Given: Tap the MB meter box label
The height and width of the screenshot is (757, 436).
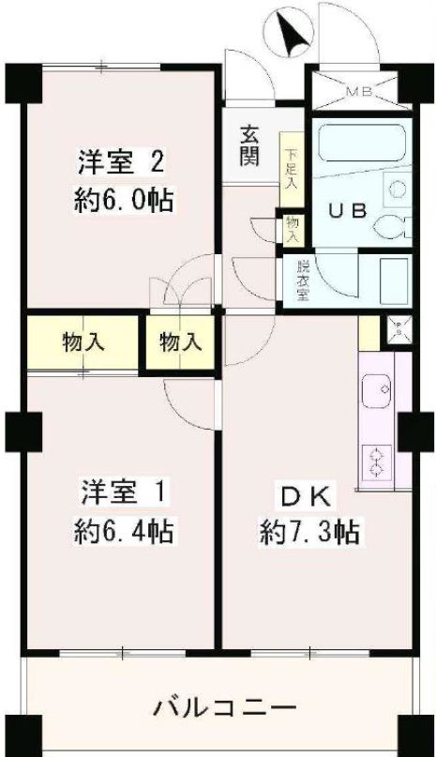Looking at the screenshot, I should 355,92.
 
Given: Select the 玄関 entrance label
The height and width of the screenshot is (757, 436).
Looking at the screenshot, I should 248,145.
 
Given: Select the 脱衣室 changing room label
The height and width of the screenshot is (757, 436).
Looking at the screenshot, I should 302,278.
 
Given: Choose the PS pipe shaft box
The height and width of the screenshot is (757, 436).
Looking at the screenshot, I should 398,328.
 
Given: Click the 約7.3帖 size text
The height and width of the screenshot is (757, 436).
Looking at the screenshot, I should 308,533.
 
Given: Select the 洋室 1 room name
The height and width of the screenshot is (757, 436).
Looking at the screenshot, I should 123,491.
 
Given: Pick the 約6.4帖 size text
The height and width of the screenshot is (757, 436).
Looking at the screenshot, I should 123,533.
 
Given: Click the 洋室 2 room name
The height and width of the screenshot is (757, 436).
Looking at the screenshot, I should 122,161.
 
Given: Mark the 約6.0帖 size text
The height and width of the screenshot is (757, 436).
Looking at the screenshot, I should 123,201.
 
